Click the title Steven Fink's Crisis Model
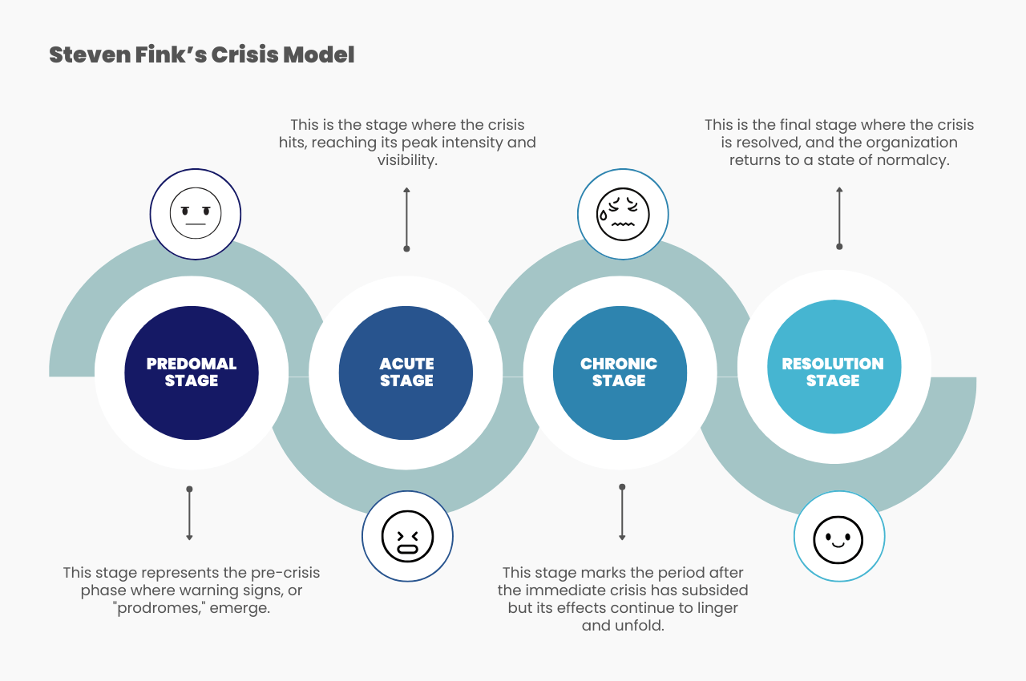201,55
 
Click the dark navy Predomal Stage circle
192,373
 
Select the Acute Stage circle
406,373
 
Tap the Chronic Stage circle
620,373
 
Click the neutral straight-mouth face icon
196,214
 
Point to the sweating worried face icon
623,214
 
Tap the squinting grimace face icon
407,536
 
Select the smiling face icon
838,536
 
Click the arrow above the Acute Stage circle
406,218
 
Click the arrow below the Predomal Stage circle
189,514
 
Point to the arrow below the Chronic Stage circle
622,513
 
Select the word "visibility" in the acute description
407,160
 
